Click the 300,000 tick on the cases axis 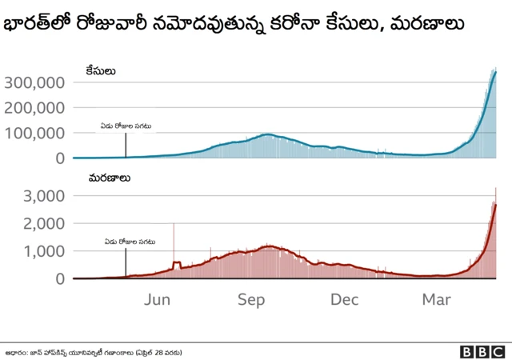point(34,82)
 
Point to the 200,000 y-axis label point(34,107)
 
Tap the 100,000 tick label point(34,133)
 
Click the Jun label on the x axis point(158,299)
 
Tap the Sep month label point(251,299)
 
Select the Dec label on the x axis point(344,299)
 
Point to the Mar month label point(437,299)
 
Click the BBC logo point(482,350)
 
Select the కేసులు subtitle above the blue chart point(101,71)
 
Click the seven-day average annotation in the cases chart point(126,126)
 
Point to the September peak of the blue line point(267,134)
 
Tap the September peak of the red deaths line point(270,246)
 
